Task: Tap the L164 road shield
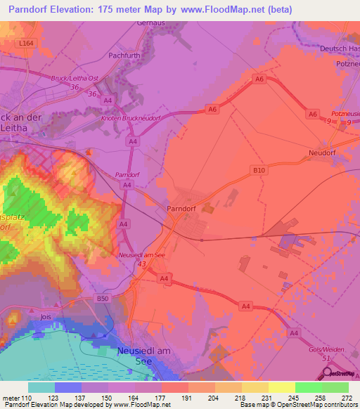coord(26,44)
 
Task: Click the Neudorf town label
coord(323,152)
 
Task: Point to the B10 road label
coord(257,169)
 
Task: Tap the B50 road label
coord(103,299)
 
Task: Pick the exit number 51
coord(326,358)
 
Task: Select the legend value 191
coord(188,397)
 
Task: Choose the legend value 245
coord(295,397)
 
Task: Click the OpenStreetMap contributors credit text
coord(321,404)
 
